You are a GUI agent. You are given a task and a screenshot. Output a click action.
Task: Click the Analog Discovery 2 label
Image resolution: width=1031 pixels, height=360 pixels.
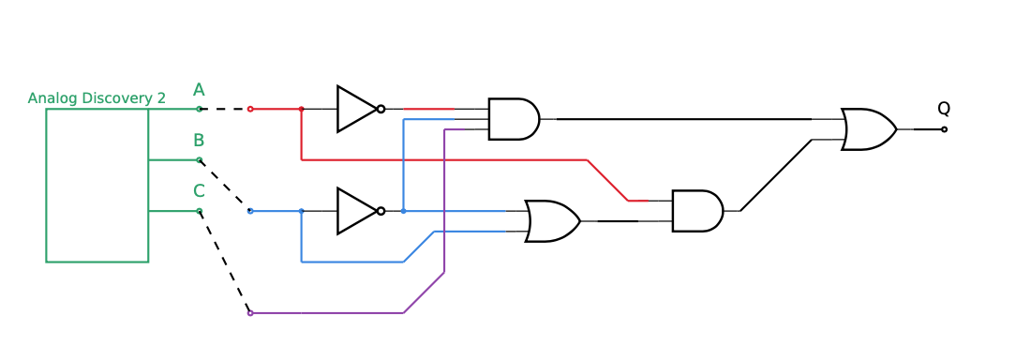pos(97,98)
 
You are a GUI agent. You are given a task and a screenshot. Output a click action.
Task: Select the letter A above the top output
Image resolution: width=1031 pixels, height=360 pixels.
pos(199,90)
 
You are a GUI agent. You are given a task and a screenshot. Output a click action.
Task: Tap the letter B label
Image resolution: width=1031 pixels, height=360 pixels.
pos(199,141)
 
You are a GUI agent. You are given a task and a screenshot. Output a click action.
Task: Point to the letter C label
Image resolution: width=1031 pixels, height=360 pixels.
pos(199,191)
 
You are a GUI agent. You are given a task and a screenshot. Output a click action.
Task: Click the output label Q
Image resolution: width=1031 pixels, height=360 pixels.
pos(944,109)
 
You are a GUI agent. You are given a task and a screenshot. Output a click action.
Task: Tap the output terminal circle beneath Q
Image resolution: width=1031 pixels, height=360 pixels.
pos(944,129)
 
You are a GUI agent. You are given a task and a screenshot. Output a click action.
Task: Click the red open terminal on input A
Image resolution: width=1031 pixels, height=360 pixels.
pos(250,109)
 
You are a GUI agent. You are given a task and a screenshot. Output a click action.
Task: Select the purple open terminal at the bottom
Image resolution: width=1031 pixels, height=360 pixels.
pos(250,313)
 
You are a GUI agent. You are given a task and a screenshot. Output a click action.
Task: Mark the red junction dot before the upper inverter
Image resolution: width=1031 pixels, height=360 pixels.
pos(301,109)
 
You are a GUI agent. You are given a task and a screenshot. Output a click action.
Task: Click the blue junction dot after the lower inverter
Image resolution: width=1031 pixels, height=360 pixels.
pos(403,211)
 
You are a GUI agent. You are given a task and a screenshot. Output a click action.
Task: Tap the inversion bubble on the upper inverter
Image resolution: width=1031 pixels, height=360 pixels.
pos(381,109)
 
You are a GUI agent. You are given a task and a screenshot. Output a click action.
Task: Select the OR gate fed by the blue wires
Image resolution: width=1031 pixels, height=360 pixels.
pos(551,221)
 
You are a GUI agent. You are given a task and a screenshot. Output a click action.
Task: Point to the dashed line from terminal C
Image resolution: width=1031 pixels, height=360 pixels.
pos(225,262)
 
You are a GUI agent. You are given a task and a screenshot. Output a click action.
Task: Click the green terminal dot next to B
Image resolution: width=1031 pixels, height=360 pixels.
pos(199,160)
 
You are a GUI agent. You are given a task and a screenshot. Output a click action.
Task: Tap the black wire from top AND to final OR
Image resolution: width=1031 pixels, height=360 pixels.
pos(684,119)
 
